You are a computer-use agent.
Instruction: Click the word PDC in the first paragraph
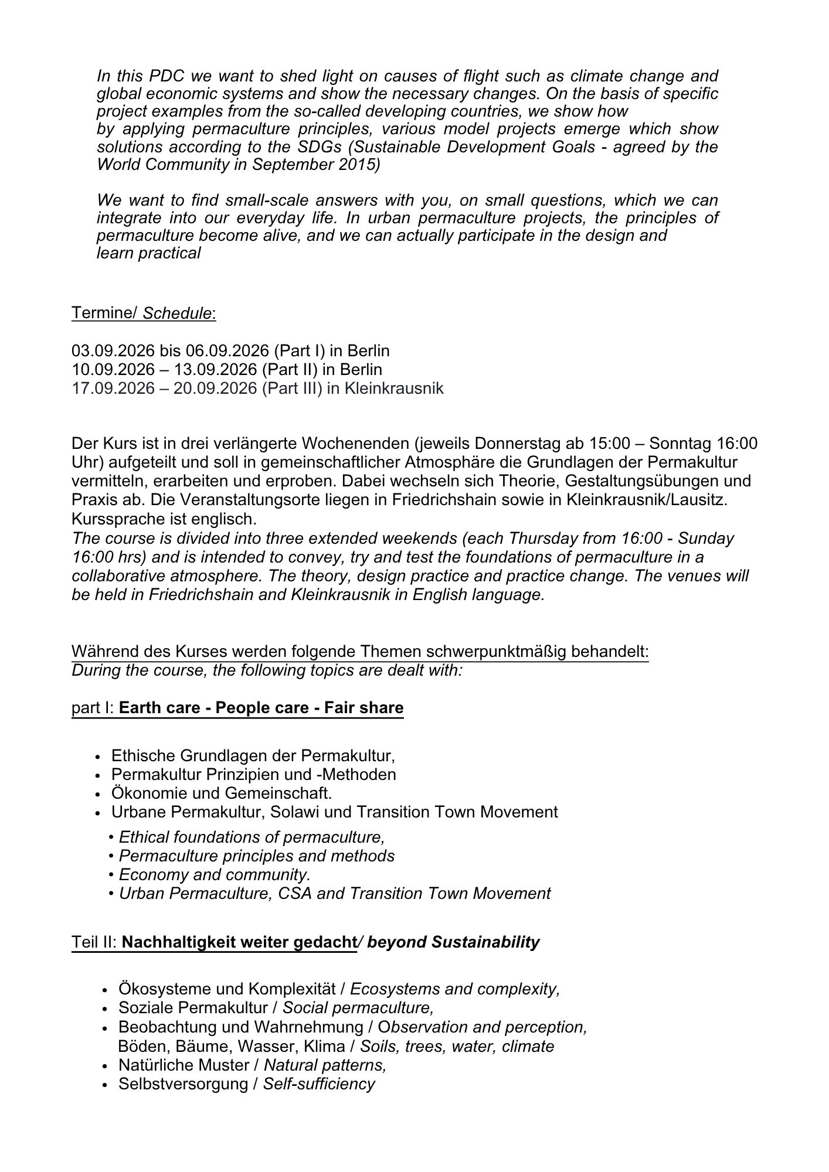click(x=168, y=76)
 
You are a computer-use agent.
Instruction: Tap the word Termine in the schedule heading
click(x=103, y=313)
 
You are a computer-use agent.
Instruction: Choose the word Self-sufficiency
click(x=318, y=1084)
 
